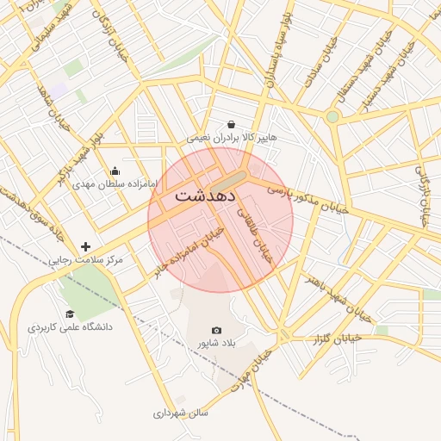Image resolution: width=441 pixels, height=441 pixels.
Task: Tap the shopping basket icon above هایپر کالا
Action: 231,124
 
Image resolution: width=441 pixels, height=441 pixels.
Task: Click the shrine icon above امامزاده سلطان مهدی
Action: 115,171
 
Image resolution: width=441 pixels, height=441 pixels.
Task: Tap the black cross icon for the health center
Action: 85,246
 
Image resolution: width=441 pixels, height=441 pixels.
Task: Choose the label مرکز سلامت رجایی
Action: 85,259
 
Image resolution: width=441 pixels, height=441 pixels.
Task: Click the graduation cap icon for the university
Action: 70,314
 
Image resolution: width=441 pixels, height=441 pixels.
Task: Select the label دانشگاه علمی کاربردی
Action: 70,327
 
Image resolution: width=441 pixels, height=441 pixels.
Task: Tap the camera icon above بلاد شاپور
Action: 216,330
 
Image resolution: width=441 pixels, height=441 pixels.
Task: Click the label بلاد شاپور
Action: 216,343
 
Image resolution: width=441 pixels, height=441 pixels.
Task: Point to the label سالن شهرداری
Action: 181,413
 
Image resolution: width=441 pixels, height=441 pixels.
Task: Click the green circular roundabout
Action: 332,116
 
